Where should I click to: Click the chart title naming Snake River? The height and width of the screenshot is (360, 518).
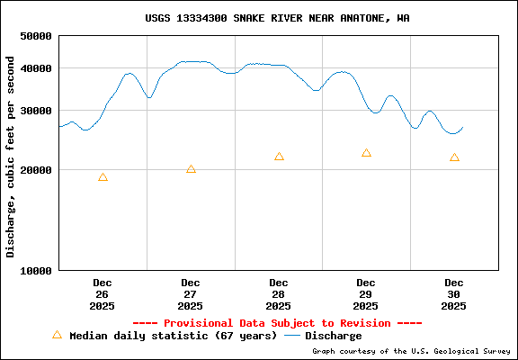pyautogui.click(x=277, y=18)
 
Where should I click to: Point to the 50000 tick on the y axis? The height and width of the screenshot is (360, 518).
pyautogui.click(x=36, y=36)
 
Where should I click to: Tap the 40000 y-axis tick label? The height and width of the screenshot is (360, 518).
pyautogui.click(x=36, y=68)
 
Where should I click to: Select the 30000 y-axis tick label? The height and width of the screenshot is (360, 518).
pyautogui.click(x=36, y=111)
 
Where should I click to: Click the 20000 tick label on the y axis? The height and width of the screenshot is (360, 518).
pyautogui.click(x=36, y=170)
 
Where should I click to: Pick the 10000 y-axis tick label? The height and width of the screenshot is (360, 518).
pyautogui.click(x=36, y=270)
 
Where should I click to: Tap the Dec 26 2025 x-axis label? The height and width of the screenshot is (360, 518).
pyautogui.click(x=103, y=294)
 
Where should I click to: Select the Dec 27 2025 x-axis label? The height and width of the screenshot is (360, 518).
pyautogui.click(x=191, y=294)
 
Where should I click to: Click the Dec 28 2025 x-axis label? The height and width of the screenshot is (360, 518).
pyautogui.click(x=279, y=294)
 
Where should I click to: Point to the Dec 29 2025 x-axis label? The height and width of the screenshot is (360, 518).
pyautogui.click(x=366, y=294)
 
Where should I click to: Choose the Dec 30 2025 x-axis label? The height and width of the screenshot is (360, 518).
pyautogui.click(x=454, y=294)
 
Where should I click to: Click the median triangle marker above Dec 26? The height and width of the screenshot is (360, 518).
pyautogui.click(x=103, y=177)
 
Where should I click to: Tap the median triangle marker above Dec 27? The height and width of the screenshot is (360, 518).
pyautogui.click(x=191, y=169)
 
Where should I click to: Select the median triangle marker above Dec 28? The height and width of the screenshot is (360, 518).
pyautogui.click(x=279, y=157)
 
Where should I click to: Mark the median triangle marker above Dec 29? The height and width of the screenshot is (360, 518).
pyautogui.click(x=366, y=153)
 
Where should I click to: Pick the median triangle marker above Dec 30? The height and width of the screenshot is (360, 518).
pyautogui.click(x=454, y=157)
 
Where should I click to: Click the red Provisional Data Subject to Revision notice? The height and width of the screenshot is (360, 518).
pyautogui.click(x=277, y=323)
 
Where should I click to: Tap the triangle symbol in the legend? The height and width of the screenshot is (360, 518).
pyautogui.click(x=57, y=335)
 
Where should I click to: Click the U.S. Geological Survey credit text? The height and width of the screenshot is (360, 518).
pyautogui.click(x=411, y=352)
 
